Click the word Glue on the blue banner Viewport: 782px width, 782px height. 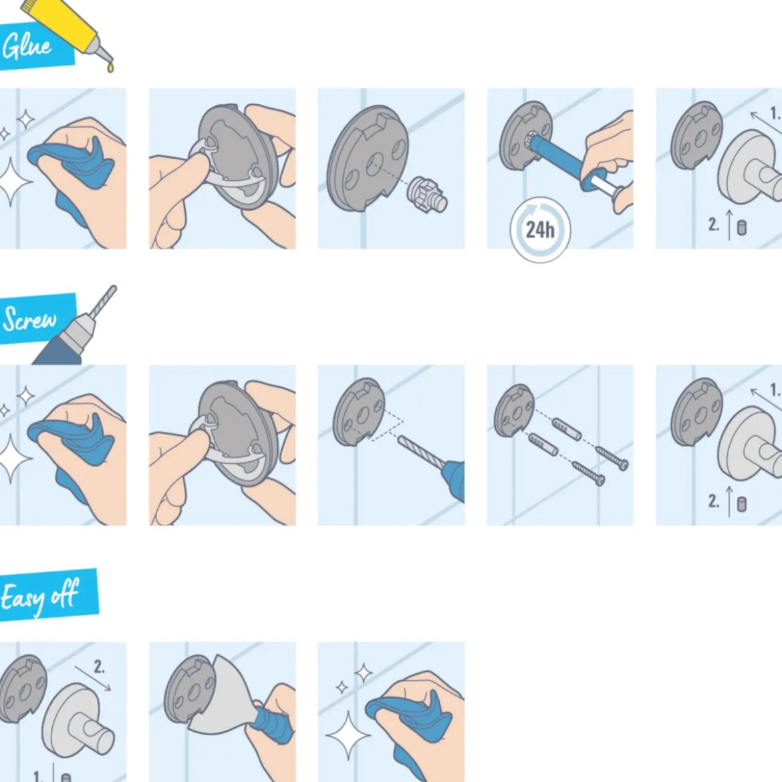pos(27,46)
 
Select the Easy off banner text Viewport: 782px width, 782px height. pos(39,596)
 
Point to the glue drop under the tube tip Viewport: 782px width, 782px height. pos(110,66)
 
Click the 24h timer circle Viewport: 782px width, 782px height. pos(540,230)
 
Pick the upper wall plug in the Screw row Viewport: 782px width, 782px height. pos(567,429)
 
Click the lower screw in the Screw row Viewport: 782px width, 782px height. pos(588,473)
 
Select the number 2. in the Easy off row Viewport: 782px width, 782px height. pos(99,667)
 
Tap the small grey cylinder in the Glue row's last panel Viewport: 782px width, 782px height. pos(742,227)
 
